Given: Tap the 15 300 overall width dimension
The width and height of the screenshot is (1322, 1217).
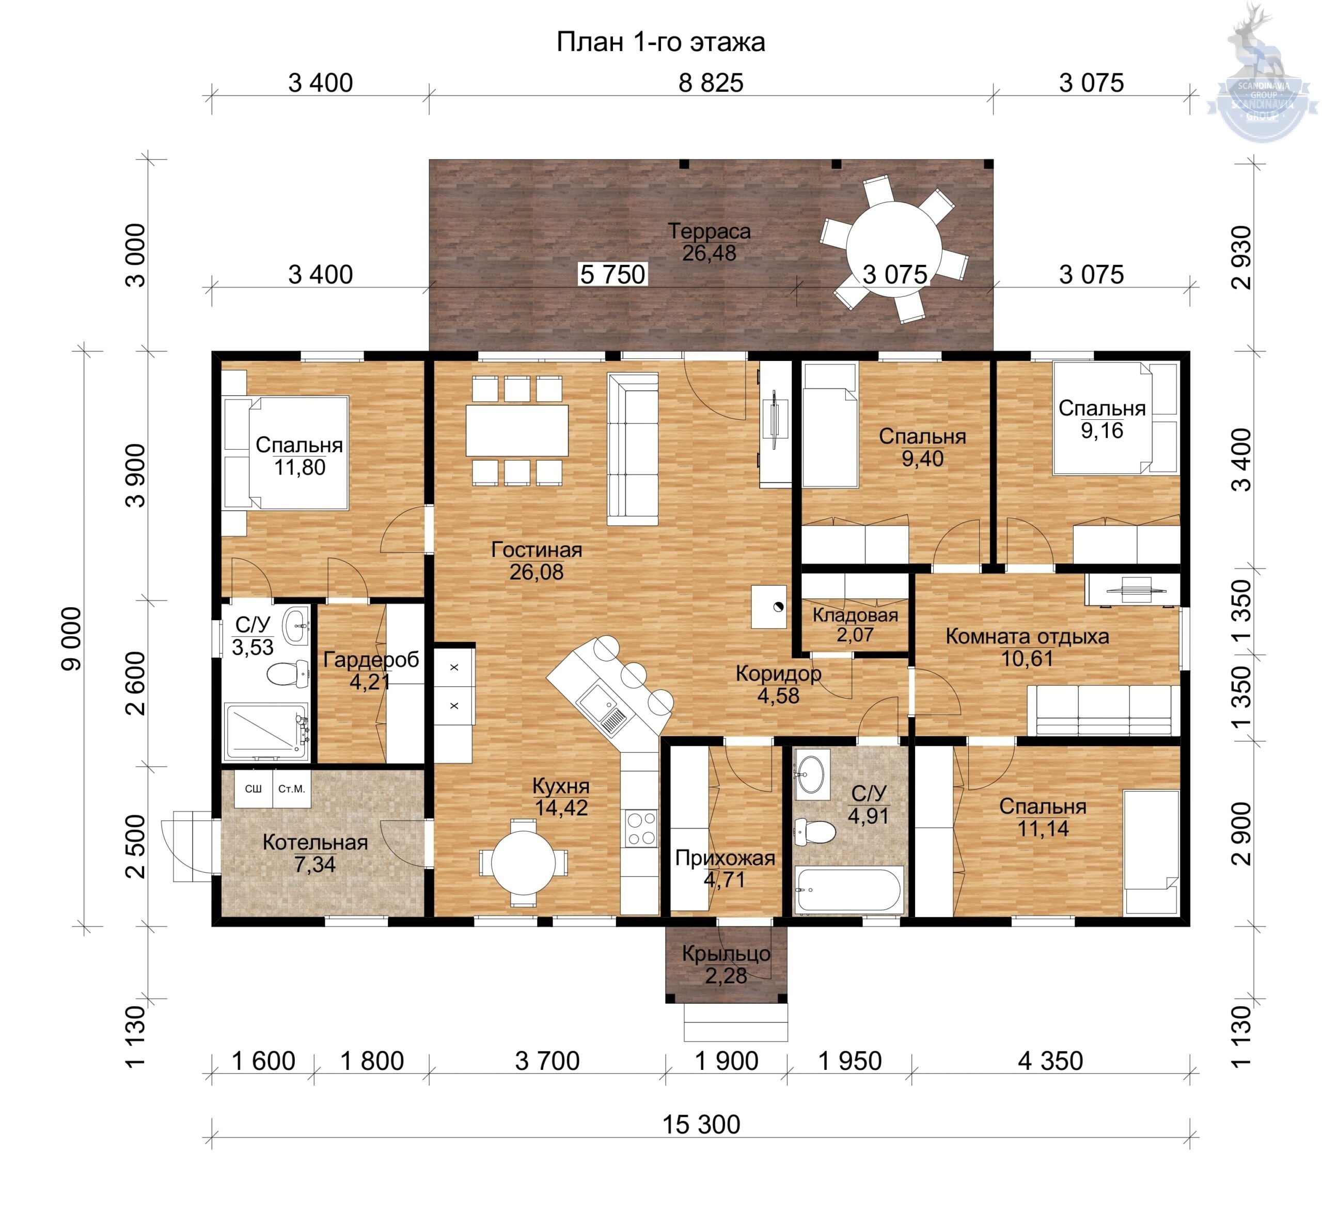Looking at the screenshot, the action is (701, 1124).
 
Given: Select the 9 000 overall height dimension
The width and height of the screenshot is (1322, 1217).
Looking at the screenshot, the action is (72, 638).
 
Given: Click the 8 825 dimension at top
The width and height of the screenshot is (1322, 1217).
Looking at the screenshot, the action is (711, 83).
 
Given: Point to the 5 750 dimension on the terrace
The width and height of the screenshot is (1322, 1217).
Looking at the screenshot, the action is (612, 274).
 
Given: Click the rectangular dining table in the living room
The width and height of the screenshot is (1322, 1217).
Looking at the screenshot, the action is (517, 431).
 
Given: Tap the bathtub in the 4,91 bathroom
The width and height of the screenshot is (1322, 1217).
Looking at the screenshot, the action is (848, 890).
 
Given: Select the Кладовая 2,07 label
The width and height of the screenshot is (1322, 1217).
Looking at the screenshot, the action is (855, 624).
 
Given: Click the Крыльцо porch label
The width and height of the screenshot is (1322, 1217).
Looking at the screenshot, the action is (726, 963).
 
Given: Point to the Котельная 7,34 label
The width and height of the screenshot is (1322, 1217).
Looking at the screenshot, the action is (315, 853).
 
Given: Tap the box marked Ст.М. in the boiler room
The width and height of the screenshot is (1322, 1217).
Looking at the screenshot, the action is (292, 788).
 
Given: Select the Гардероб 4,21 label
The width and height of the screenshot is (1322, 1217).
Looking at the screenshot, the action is (371, 670).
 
